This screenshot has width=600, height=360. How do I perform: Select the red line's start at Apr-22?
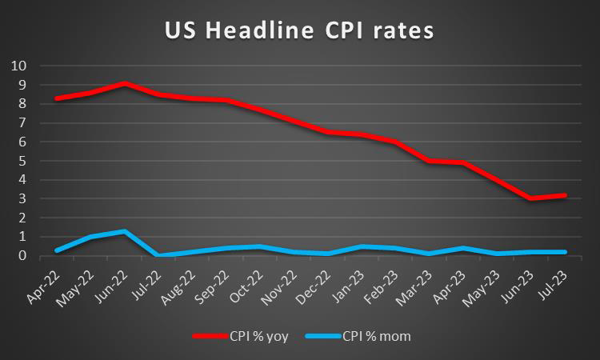[x=57, y=98]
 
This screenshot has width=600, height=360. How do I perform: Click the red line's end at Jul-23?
[x=565, y=195]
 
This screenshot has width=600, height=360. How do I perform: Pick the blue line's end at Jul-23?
[x=565, y=252]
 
